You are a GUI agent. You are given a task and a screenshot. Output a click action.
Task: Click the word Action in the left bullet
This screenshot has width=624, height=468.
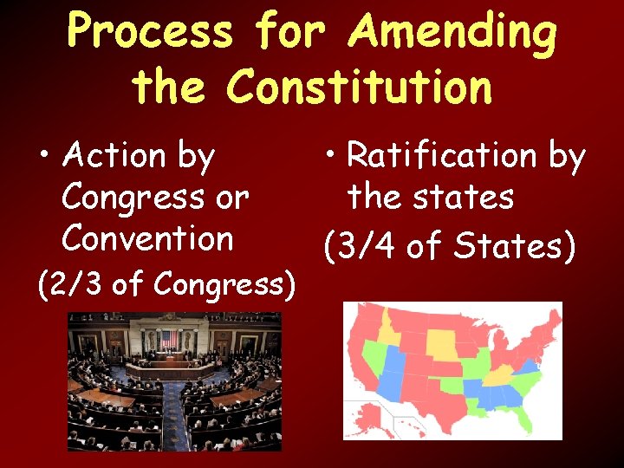point(114,156)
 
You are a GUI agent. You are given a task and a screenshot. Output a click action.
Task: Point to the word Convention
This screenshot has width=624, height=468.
point(147,237)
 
